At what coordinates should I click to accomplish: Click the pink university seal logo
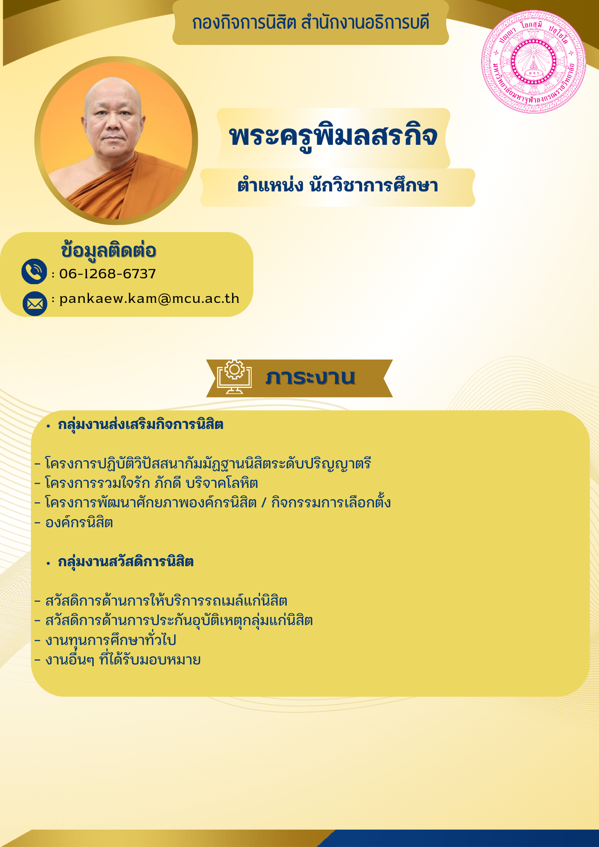534,62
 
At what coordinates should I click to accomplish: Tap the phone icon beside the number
34,271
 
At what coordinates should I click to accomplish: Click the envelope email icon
35,304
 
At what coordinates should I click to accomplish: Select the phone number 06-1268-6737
108,274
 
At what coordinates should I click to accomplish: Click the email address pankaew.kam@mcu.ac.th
149,299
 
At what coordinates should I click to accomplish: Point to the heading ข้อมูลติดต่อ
109,250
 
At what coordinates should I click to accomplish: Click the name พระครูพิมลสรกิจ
333,136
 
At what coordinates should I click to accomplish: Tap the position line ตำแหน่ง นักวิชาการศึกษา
338,185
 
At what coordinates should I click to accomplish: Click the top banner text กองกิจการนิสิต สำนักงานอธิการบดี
311,22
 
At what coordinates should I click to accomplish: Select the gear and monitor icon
234,376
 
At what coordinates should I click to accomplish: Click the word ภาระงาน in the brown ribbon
311,377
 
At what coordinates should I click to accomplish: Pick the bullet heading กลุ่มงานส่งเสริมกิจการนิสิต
141,424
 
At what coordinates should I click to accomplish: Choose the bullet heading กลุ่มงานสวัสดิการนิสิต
126,562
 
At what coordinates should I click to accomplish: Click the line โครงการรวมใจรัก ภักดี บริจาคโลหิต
147,483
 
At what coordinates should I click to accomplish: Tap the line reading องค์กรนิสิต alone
74,522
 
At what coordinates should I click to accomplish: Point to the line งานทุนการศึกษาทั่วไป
105,640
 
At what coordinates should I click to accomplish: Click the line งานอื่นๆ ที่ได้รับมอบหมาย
118,659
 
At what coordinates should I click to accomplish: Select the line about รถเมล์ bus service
161,601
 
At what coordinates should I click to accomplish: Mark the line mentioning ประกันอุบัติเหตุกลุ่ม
174,620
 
